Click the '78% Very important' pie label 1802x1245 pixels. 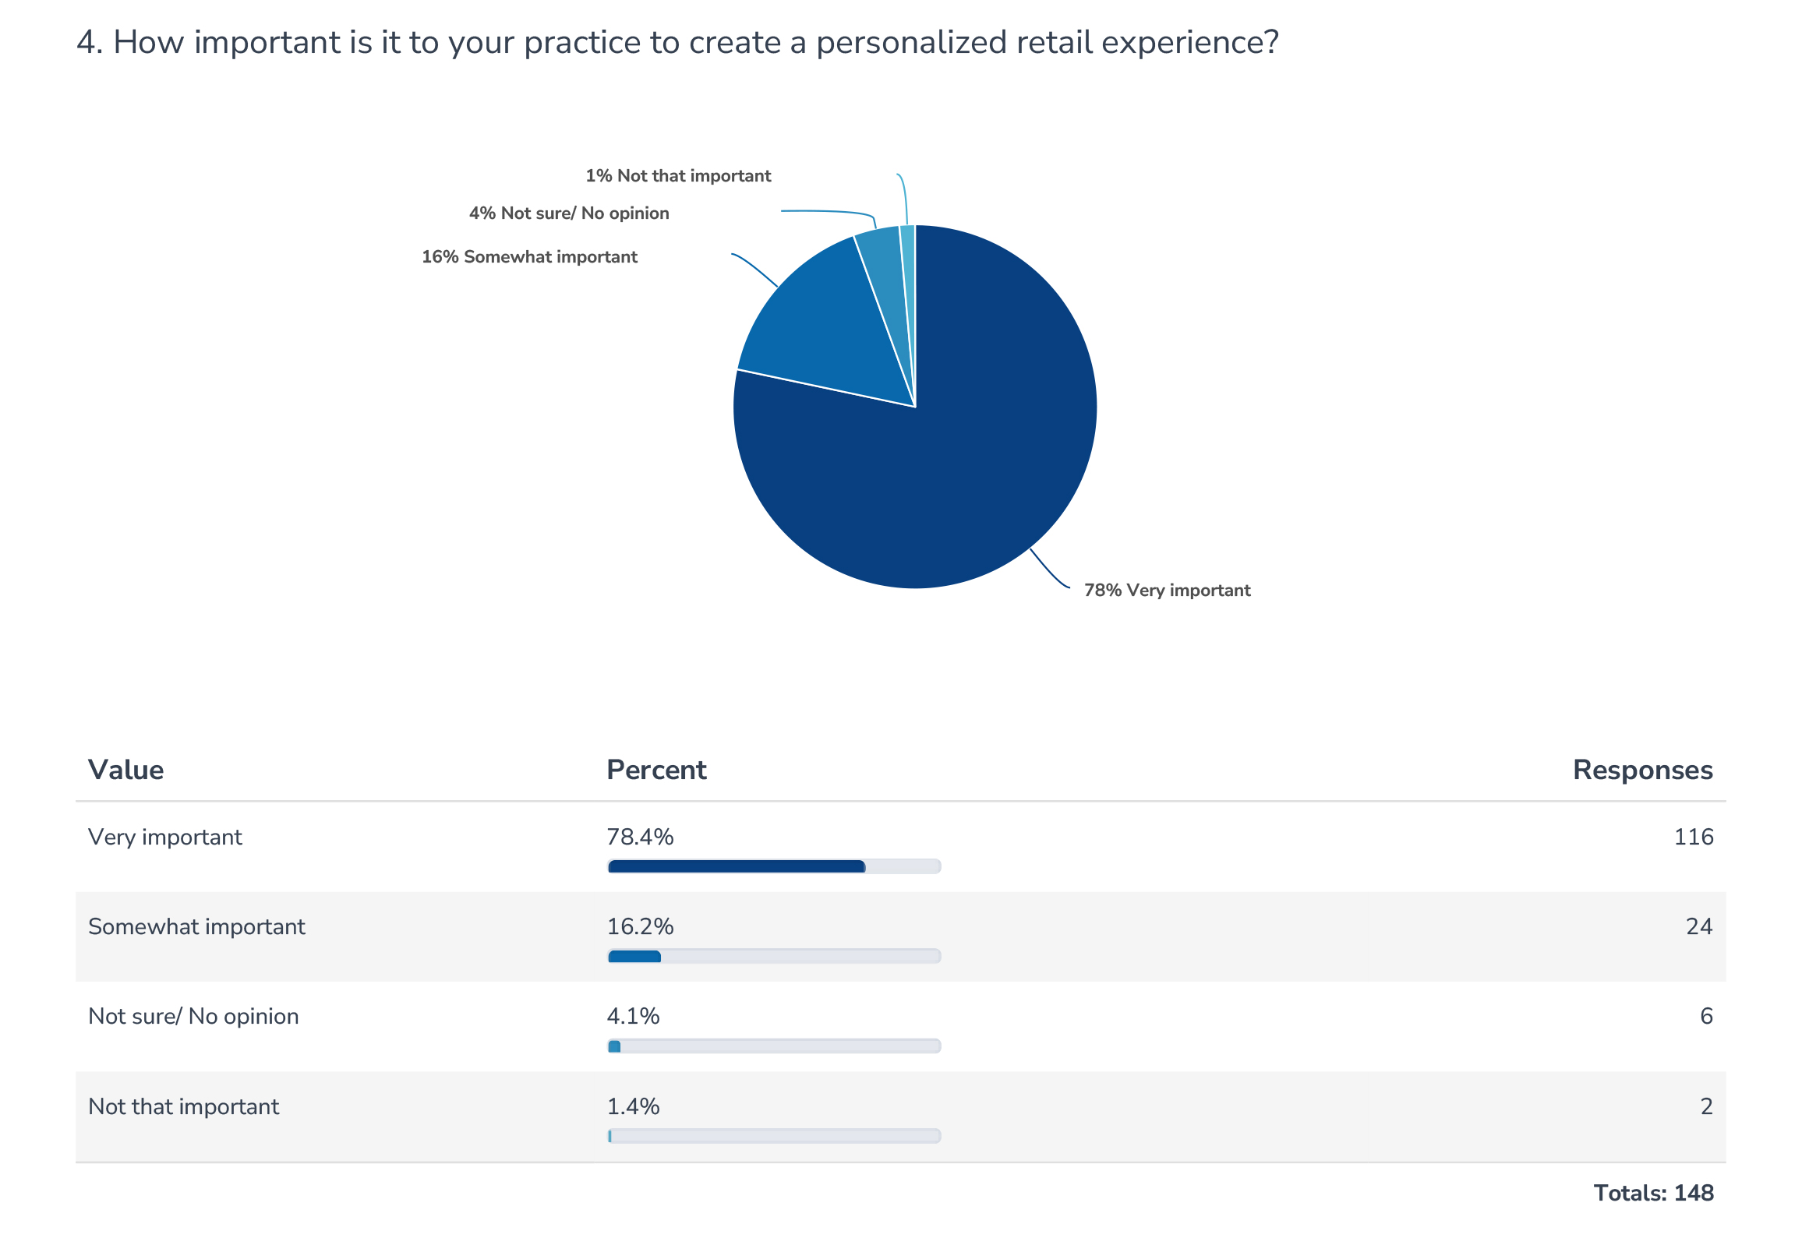click(x=1167, y=591)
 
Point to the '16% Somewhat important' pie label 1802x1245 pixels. click(x=529, y=256)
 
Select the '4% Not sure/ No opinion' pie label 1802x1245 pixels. click(x=569, y=213)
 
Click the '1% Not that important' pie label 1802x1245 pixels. click(x=678, y=175)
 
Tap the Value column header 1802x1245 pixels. click(x=125, y=770)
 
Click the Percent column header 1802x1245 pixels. click(x=656, y=770)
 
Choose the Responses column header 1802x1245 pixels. click(x=1642, y=770)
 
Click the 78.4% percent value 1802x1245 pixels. click(x=640, y=837)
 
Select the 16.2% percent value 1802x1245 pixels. click(x=640, y=926)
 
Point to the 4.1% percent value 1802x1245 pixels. click(x=633, y=1017)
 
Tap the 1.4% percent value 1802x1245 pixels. click(x=633, y=1106)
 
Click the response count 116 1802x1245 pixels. click(x=1693, y=837)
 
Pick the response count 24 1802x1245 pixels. click(x=1699, y=926)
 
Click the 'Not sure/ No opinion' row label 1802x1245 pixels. click(x=193, y=1017)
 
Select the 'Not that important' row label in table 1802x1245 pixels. click(x=183, y=1106)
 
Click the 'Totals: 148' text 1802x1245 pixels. click(x=1653, y=1193)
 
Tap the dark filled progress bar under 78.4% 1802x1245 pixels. click(x=736, y=866)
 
